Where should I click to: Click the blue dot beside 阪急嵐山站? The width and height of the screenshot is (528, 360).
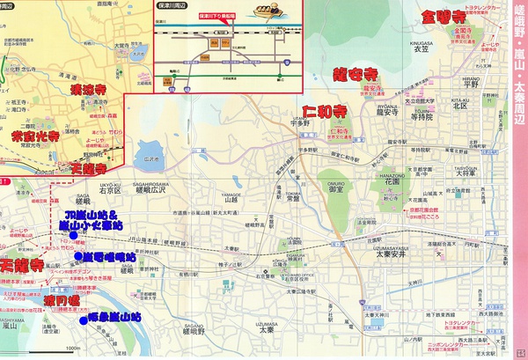click(x=83, y=321)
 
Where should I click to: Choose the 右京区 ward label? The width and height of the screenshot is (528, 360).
click(x=109, y=189)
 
